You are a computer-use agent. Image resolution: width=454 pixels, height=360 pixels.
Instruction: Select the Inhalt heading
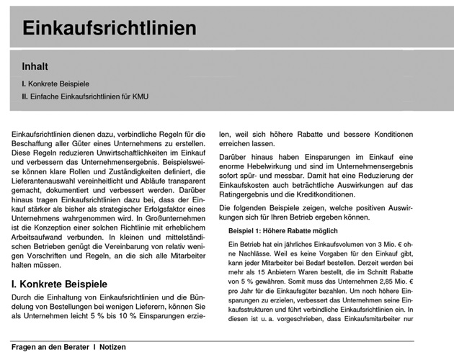[36, 66]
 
